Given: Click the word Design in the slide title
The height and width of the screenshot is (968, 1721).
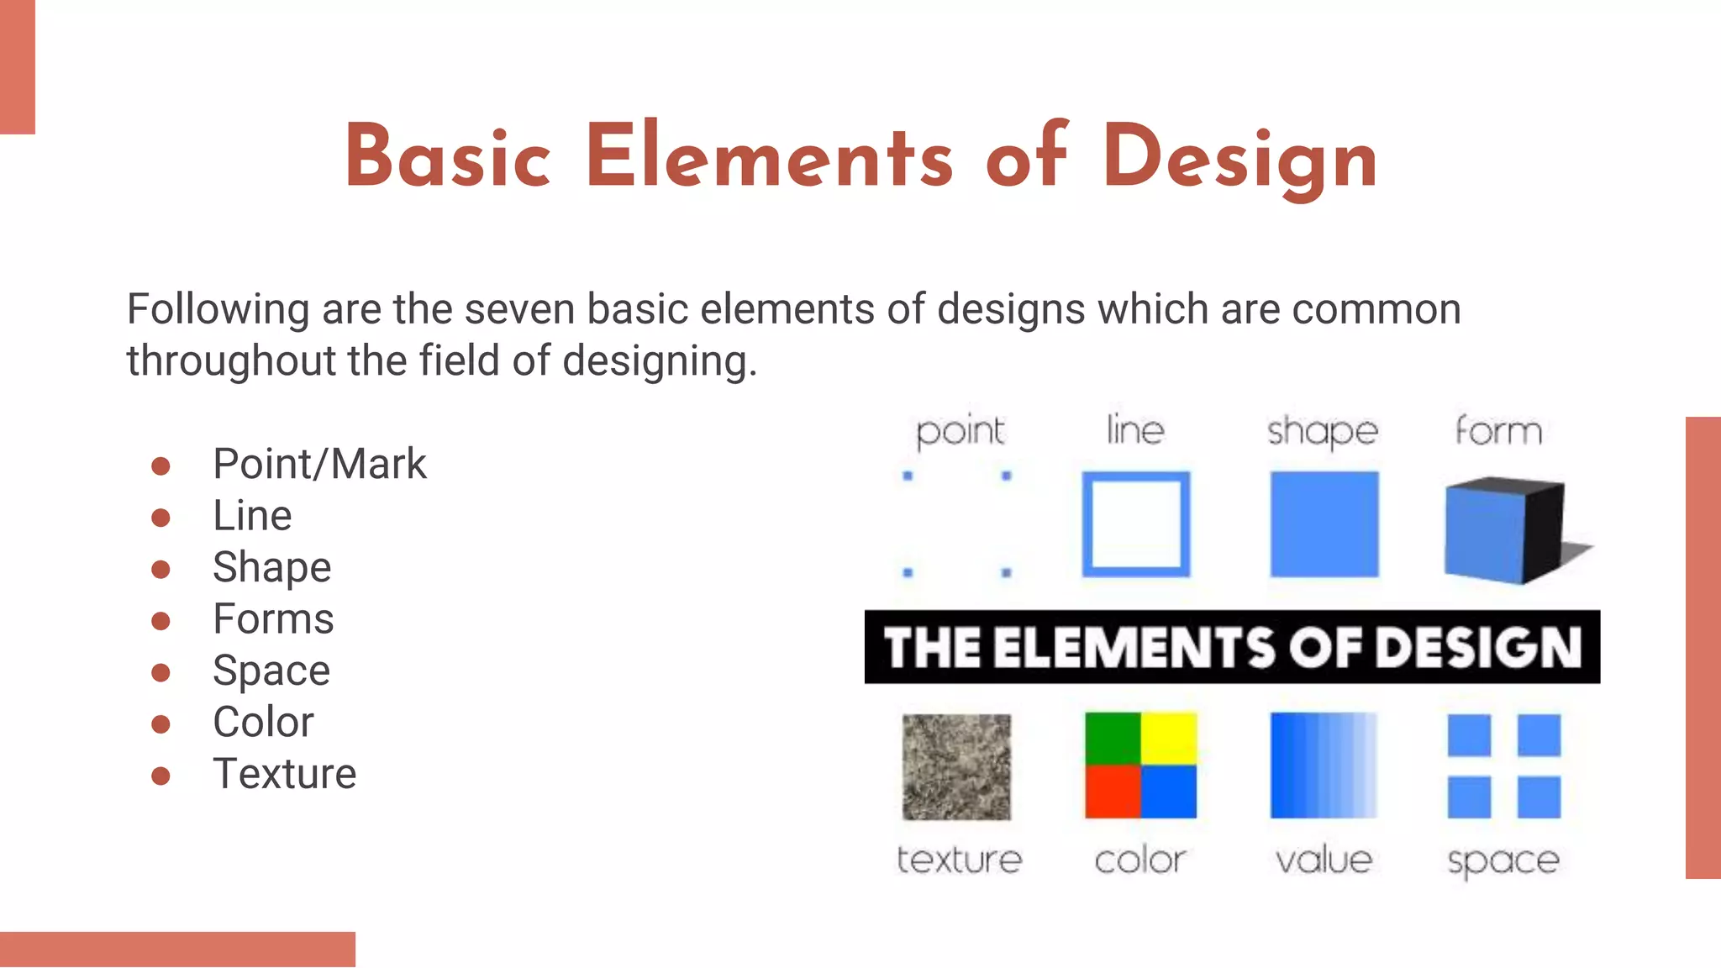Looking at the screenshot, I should (x=1240, y=158).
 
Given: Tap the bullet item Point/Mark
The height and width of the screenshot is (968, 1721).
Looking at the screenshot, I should (x=319, y=464).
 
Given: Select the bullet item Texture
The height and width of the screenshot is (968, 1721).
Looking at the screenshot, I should (x=284, y=774).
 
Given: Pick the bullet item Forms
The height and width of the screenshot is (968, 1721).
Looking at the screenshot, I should (x=273, y=619).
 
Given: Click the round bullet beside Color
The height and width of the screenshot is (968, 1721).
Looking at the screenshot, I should (x=161, y=723).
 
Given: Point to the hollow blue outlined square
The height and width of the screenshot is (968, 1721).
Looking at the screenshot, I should (x=1136, y=524).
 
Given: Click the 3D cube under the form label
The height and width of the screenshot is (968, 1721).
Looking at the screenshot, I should (x=1504, y=529).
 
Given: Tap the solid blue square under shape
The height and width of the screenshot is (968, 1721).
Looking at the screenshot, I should (x=1324, y=524).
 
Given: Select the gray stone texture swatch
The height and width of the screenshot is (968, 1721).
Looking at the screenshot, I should (x=956, y=766).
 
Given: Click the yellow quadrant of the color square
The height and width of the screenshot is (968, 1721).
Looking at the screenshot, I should (x=1169, y=738).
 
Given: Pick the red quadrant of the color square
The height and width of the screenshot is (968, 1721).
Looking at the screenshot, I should (x=1112, y=792).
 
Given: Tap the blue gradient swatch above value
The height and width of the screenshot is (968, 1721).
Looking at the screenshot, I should (x=1324, y=765).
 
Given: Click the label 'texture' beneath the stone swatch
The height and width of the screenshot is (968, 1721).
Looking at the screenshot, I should (x=959, y=860).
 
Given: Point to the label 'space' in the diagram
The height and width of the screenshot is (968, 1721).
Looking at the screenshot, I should (x=1503, y=860).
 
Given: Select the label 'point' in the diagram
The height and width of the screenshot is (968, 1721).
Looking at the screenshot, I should (x=960, y=432).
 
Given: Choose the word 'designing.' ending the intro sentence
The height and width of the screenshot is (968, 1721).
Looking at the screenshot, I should (x=660, y=361).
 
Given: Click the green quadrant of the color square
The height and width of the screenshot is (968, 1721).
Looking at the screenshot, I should (x=1112, y=738).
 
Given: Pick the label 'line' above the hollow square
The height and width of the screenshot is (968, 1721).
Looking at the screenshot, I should (x=1135, y=430).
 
